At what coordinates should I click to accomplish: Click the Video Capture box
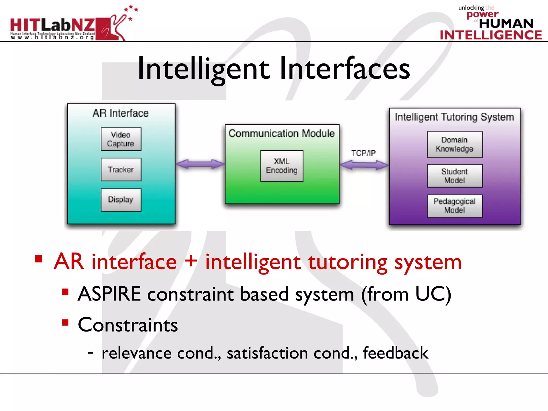[x=121, y=139]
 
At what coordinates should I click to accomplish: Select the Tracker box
[x=121, y=170]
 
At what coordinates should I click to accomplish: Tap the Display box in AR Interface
[x=121, y=200]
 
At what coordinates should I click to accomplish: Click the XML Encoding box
[x=282, y=166]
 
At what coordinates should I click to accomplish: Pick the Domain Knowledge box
[x=455, y=144]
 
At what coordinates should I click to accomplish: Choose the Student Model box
[x=455, y=176]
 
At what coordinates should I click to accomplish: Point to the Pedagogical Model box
[x=455, y=206]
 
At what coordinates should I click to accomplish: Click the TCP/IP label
[x=363, y=153]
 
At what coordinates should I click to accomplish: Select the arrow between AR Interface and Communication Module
[x=200, y=164]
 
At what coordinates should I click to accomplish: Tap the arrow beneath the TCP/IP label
[x=364, y=165]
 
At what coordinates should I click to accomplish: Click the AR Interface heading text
[x=121, y=113]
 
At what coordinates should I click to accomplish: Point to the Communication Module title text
[x=281, y=133]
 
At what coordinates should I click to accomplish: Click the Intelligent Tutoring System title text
[x=454, y=117]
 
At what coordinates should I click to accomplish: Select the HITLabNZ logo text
[x=53, y=25]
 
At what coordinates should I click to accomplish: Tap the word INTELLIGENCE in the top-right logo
[x=491, y=35]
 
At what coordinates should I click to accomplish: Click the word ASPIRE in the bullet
[x=109, y=294]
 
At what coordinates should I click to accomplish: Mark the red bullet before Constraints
[x=65, y=322]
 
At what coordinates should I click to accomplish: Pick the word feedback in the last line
[x=395, y=353]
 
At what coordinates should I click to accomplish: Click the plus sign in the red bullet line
[x=191, y=261]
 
